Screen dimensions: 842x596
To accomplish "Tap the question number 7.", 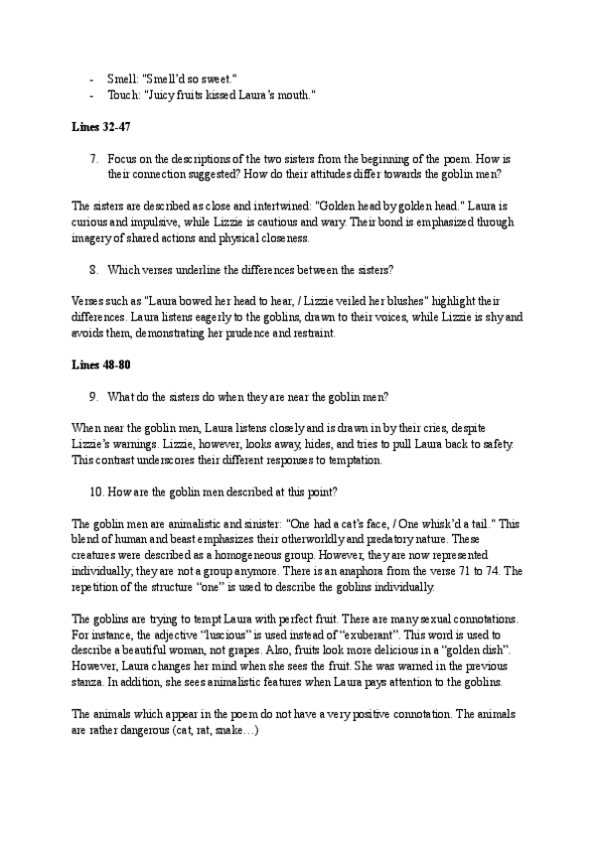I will [x=92, y=158].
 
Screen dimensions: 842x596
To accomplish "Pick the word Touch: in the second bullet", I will [x=124, y=95].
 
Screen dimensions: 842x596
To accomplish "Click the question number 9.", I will [x=92, y=395].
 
